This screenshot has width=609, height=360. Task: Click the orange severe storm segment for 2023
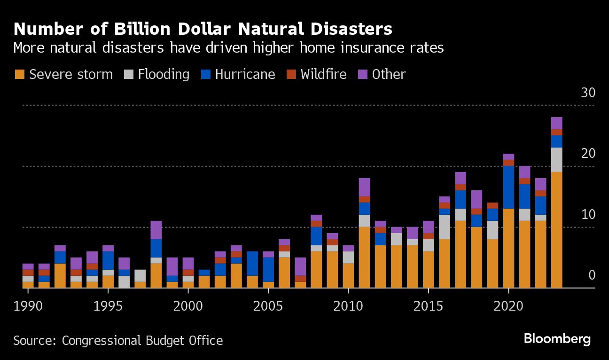pos(556,230)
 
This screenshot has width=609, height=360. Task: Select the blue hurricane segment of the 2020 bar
pos(508,187)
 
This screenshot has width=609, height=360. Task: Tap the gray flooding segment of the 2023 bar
pos(556,160)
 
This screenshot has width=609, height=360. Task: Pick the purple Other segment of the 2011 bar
pos(364,187)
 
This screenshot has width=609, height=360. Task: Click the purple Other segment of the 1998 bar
pos(156,230)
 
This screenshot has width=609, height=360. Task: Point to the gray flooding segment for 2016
pos(445,227)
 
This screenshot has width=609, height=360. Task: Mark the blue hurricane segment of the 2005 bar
pos(268,269)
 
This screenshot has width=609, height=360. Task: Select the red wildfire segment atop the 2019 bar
pos(492,205)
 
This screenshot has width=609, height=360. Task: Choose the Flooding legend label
pos(164,74)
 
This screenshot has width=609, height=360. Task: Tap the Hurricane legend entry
pos(245,74)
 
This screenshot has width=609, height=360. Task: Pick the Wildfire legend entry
pos(323,74)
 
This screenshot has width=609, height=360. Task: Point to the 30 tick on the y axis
pos(588,93)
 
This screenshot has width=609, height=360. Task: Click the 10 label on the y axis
pos(588,214)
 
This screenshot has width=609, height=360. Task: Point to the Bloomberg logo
pos(557,339)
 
